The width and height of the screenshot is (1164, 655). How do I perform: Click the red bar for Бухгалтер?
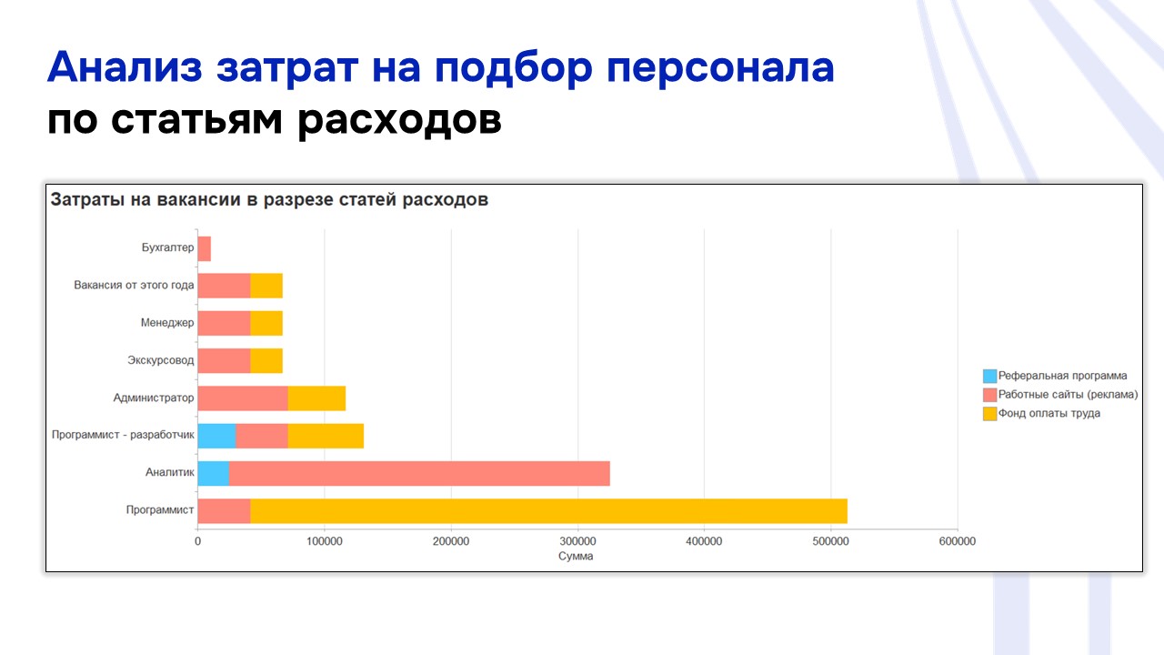205,248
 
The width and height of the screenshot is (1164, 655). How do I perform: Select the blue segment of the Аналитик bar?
214,474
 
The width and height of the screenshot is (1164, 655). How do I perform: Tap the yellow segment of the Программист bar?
548,511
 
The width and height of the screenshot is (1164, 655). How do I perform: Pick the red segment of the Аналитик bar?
419,474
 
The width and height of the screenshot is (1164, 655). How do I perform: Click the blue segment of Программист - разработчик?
216,436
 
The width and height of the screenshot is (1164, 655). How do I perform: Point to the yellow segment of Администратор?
316,398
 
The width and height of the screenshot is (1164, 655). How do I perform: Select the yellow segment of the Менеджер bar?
266,323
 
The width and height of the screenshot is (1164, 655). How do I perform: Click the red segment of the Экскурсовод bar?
224,361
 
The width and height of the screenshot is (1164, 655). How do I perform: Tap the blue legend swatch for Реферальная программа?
989,376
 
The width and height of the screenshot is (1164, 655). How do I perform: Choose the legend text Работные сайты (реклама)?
1068,395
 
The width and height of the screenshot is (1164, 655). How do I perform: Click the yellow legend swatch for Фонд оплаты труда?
989,414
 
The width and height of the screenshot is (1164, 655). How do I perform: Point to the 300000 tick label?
577,541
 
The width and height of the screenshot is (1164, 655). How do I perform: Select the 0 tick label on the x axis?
197,541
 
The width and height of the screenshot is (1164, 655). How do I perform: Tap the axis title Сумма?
576,556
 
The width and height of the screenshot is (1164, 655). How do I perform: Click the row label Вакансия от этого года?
134,286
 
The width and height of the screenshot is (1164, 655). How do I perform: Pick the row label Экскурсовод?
161,360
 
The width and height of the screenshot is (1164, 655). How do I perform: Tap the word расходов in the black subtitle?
399,120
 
